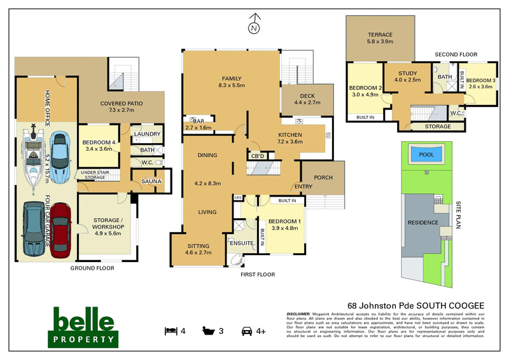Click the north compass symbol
click(x=254, y=25)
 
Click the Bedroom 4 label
click(x=97, y=144)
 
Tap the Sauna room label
click(x=151, y=181)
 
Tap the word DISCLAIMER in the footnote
click(x=298, y=314)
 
